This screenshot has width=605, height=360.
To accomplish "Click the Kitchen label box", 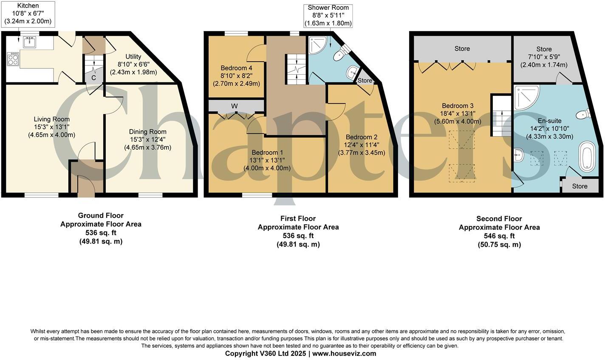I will (28, 13).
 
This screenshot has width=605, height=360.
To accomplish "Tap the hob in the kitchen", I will (13, 59).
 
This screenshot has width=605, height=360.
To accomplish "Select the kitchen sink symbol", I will (30, 42).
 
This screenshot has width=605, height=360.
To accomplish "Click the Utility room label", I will (133, 64).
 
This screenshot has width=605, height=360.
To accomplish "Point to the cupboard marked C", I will (93, 78).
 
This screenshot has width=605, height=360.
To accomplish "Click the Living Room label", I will (52, 127).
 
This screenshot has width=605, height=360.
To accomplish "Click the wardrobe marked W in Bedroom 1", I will (235, 106).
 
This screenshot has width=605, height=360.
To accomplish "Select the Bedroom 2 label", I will (361, 145).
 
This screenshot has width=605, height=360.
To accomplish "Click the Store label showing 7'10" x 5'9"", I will (544, 57).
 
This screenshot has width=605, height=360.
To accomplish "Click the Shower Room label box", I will (328, 15).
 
